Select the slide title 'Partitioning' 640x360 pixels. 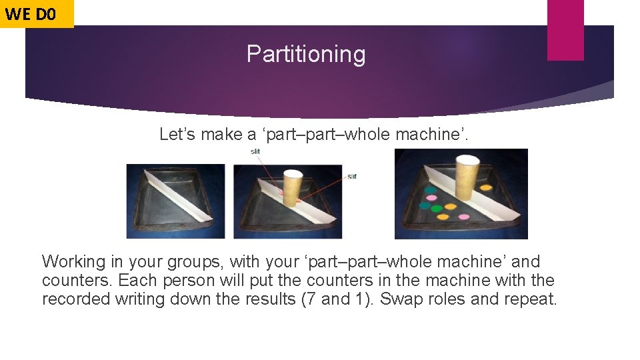(306, 54)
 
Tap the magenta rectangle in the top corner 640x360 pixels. (565, 30)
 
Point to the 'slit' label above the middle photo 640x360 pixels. (255, 151)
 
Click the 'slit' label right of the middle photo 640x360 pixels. (351, 176)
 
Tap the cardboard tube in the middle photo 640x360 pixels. (293, 189)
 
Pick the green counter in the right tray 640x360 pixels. (437, 209)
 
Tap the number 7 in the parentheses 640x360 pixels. (307, 299)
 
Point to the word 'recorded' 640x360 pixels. (75, 299)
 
